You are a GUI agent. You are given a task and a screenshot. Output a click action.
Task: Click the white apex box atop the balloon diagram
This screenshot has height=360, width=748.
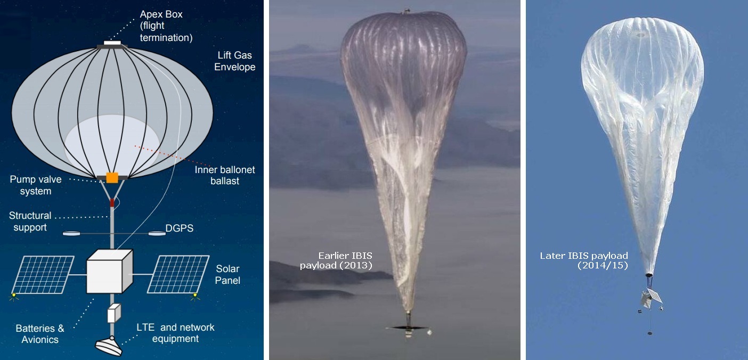point(112,43)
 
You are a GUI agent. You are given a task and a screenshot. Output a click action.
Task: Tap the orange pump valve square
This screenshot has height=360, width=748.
point(112,177)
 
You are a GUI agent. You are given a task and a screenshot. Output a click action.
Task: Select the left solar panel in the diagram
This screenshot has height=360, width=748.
point(43,275)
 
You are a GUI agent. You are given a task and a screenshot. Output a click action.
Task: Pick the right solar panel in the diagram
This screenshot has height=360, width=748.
point(178,274)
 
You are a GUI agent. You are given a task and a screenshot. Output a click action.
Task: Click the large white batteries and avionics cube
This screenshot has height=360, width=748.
point(110,271)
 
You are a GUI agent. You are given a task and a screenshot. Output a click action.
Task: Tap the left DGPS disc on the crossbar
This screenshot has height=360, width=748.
point(71,234)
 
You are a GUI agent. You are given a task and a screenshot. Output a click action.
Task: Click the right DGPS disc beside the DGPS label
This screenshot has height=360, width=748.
point(157,234)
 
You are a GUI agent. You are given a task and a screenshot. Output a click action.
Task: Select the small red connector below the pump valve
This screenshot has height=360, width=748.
point(112,203)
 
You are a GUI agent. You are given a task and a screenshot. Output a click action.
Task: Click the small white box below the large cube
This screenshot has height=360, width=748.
point(114,313)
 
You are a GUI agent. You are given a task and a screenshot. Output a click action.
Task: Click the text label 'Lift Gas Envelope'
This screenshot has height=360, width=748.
point(235,61)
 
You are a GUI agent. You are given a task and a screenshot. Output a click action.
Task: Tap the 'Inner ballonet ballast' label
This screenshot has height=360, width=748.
point(225,175)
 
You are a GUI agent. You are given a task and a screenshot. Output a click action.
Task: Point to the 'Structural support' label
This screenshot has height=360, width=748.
point(30,221)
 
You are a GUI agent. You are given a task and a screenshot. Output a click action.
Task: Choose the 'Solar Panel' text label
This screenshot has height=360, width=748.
point(227,274)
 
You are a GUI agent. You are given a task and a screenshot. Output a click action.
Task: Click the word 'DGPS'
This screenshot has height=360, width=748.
point(180,228)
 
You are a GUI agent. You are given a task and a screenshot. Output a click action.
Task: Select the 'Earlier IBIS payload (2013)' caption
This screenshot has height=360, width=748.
point(336,260)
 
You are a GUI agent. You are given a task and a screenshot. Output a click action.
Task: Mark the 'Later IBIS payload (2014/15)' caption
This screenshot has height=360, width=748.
point(584,260)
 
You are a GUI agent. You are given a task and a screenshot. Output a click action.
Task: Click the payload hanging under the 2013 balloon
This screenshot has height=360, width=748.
point(408,329)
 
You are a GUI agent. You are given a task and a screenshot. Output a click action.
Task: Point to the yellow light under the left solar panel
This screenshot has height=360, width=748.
point(14,296)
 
